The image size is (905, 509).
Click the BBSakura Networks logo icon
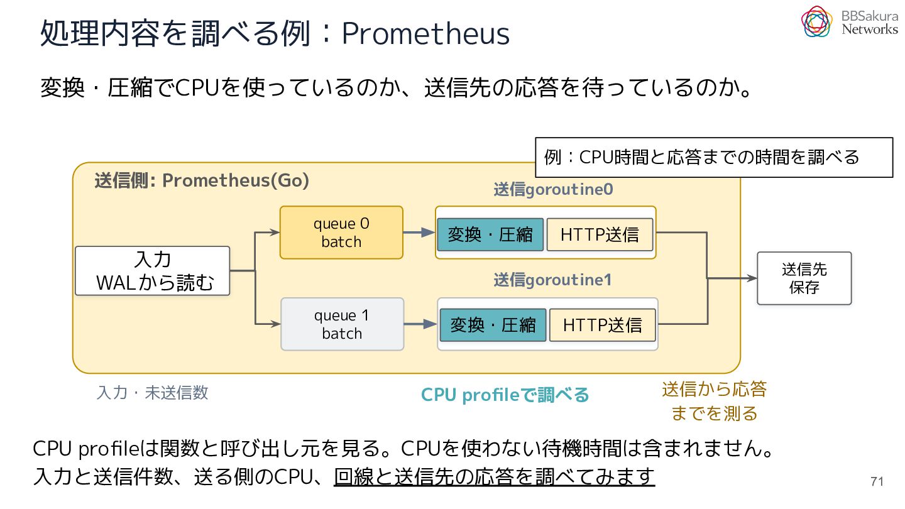pos(816,21)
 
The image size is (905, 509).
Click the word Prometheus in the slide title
pos(425,33)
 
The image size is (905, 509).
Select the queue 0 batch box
pos(341,233)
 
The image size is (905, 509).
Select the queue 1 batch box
pos(342,324)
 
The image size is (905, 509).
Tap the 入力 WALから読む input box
pos(152,271)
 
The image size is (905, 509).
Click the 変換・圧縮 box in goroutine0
pos(490,235)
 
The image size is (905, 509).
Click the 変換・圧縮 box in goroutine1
pos(493,326)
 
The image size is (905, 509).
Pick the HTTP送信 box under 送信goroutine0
pos(600,235)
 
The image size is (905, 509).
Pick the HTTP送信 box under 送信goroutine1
pos(602,326)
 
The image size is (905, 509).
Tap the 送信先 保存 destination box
pos(804,278)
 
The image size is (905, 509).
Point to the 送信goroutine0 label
pos(553,190)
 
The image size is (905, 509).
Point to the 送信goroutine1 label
pos(552,280)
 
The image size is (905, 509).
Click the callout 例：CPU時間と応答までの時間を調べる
pos(714,158)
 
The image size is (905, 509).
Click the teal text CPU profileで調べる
pos(505,395)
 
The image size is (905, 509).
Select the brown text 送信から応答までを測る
pos(715,401)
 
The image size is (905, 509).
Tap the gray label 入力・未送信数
pos(152,393)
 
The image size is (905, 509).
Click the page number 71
pos(877,481)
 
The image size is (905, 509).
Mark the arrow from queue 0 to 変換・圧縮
pos(419,233)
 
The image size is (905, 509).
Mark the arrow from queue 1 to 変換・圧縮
pos(420,324)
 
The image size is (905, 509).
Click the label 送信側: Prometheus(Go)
pos(202,180)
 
